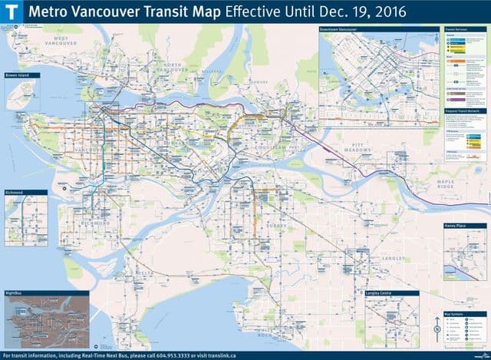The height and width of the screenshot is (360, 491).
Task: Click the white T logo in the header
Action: [x=14, y=12]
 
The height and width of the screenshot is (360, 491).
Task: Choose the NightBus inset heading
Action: [x=15, y=293]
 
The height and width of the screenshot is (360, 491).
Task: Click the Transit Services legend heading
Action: [x=456, y=30]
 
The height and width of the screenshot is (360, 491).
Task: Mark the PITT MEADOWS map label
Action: [x=354, y=147]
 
